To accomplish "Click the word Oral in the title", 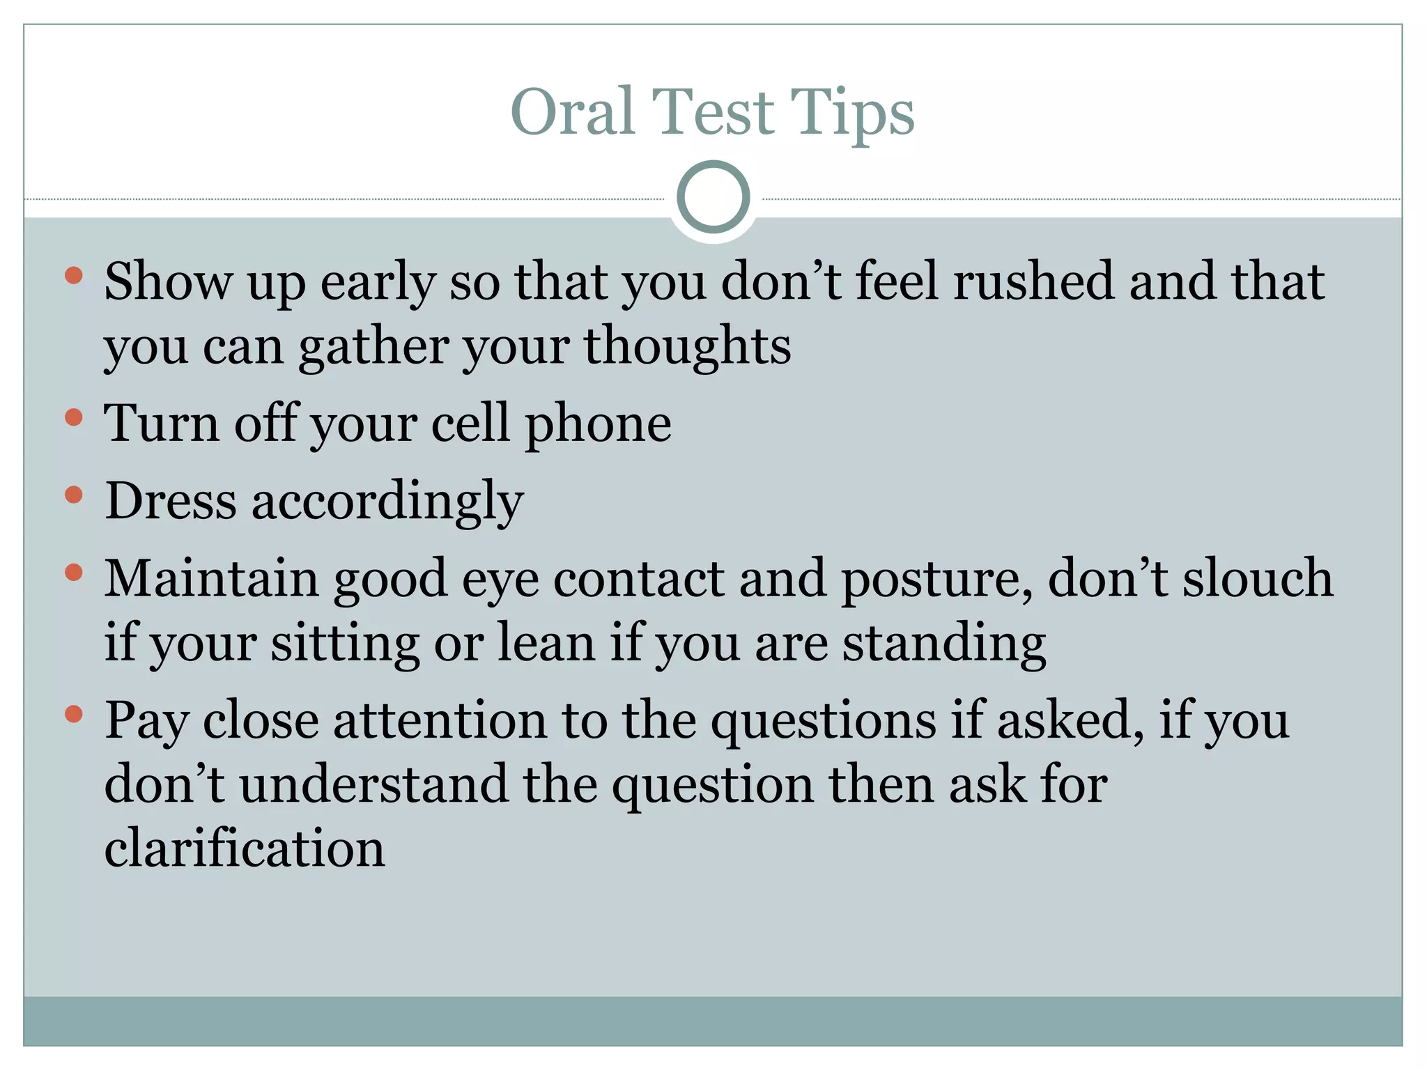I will coord(572,112).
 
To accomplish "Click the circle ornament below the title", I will coord(713,197).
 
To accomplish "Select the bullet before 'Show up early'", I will coord(73,276).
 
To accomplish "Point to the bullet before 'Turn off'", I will coord(73,417).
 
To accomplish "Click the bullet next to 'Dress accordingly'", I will coord(73,495).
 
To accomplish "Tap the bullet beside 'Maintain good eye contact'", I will coord(73,573).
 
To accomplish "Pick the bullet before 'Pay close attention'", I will coord(73,713).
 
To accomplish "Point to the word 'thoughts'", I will coord(687,346).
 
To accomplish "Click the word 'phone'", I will coord(598,424).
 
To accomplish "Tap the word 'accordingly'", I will coord(387,502).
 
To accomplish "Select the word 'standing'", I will coord(944,644).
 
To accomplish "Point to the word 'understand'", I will coord(374,784).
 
